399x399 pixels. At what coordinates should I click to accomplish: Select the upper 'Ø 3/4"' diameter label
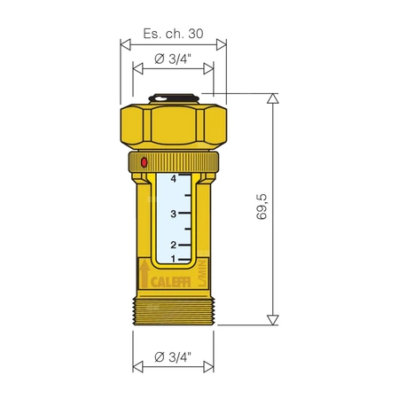pos(172,60)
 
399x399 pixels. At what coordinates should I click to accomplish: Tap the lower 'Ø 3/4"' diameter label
pos(172,356)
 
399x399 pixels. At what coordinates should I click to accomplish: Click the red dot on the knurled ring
pos(145,162)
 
